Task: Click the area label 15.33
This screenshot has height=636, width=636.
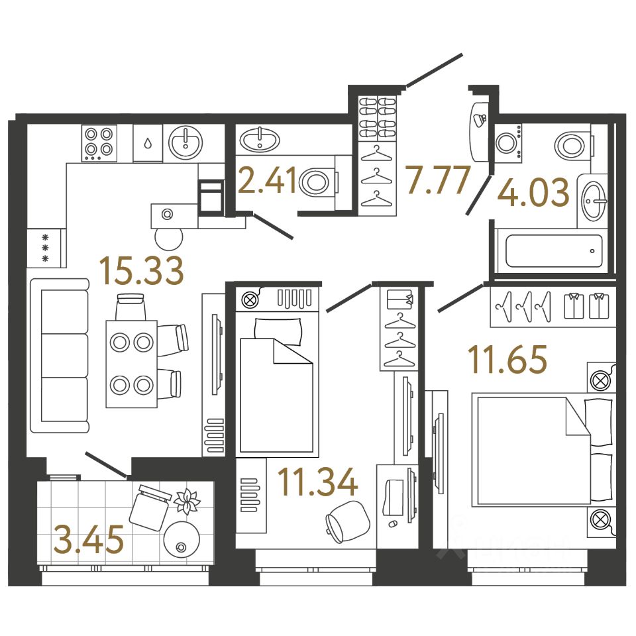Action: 141,272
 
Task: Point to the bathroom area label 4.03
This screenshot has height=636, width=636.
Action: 533,193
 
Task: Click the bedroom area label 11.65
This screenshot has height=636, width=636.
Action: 507,360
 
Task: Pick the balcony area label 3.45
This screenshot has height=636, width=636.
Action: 89,540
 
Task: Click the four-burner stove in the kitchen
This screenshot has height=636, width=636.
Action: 99,142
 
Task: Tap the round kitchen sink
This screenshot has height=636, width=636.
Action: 185,142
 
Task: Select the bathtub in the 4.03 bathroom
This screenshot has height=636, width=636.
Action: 554,251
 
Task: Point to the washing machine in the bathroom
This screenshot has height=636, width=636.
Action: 507,143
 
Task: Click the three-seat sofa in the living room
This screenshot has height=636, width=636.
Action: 60,356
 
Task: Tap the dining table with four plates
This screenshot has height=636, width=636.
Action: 131,364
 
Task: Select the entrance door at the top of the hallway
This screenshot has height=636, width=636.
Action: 434,70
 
